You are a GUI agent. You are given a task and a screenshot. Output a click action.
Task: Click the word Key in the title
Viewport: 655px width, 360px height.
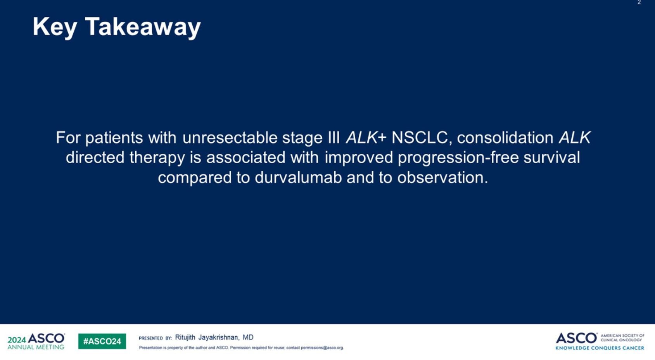point(55,27)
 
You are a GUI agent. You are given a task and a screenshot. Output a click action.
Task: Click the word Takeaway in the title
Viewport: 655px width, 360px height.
point(143,27)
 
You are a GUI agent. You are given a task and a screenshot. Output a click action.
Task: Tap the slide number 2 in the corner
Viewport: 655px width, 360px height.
point(639,2)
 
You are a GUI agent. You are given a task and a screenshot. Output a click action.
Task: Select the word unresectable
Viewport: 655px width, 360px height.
point(230,137)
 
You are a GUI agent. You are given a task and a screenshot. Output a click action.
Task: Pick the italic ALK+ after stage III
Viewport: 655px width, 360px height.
point(366,137)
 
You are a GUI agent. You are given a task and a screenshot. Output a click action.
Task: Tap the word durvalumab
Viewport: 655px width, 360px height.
point(298,178)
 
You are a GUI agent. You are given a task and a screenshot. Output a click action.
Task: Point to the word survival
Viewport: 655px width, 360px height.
point(551,157)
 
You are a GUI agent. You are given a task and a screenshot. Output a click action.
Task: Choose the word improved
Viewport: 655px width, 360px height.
point(359,157)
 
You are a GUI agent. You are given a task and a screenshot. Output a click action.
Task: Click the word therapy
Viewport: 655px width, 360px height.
point(157,158)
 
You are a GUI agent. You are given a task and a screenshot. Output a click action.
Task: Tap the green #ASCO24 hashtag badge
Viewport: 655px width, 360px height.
point(102,341)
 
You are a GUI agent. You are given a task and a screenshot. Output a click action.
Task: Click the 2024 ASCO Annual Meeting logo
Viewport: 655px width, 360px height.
point(36,341)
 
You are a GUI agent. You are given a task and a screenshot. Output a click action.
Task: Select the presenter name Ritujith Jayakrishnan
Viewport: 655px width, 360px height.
point(206,337)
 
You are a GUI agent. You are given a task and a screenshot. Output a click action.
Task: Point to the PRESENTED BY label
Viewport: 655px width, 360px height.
point(155,338)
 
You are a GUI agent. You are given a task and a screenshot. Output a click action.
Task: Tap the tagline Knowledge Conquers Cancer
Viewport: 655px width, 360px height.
point(600,348)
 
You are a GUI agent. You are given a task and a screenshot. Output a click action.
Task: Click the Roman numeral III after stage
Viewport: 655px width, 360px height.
point(334,137)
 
